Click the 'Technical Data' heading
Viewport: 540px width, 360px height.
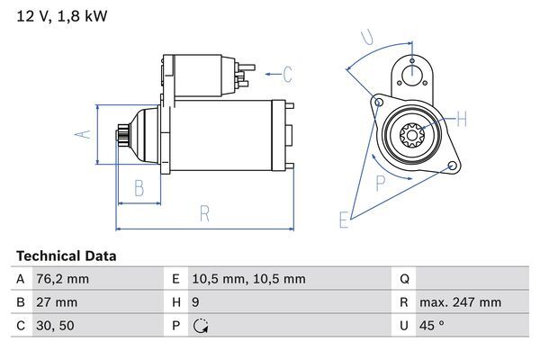pyautogui.click(x=66, y=256)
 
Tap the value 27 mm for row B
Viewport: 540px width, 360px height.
pyautogui.click(x=57, y=302)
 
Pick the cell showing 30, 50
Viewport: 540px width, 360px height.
pyautogui.click(x=54, y=326)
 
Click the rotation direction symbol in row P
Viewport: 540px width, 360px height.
pyautogui.click(x=201, y=326)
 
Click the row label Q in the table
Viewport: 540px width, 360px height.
pyautogui.click(x=404, y=279)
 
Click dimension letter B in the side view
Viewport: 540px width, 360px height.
pyautogui.click(x=139, y=188)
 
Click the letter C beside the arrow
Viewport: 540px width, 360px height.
pyautogui.click(x=287, y=73)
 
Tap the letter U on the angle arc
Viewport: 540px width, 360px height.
pyautogui.click(x=366, y=37)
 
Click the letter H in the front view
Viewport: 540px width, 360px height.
pyautogui.click(x=462, y=119)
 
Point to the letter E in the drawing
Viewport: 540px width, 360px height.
pyautogui.click(x=344, y=218)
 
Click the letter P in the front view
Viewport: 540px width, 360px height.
pyautogui.click(x=380, y=182)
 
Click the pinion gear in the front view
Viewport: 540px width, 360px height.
pyautogui.click(x=411, y=136)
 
